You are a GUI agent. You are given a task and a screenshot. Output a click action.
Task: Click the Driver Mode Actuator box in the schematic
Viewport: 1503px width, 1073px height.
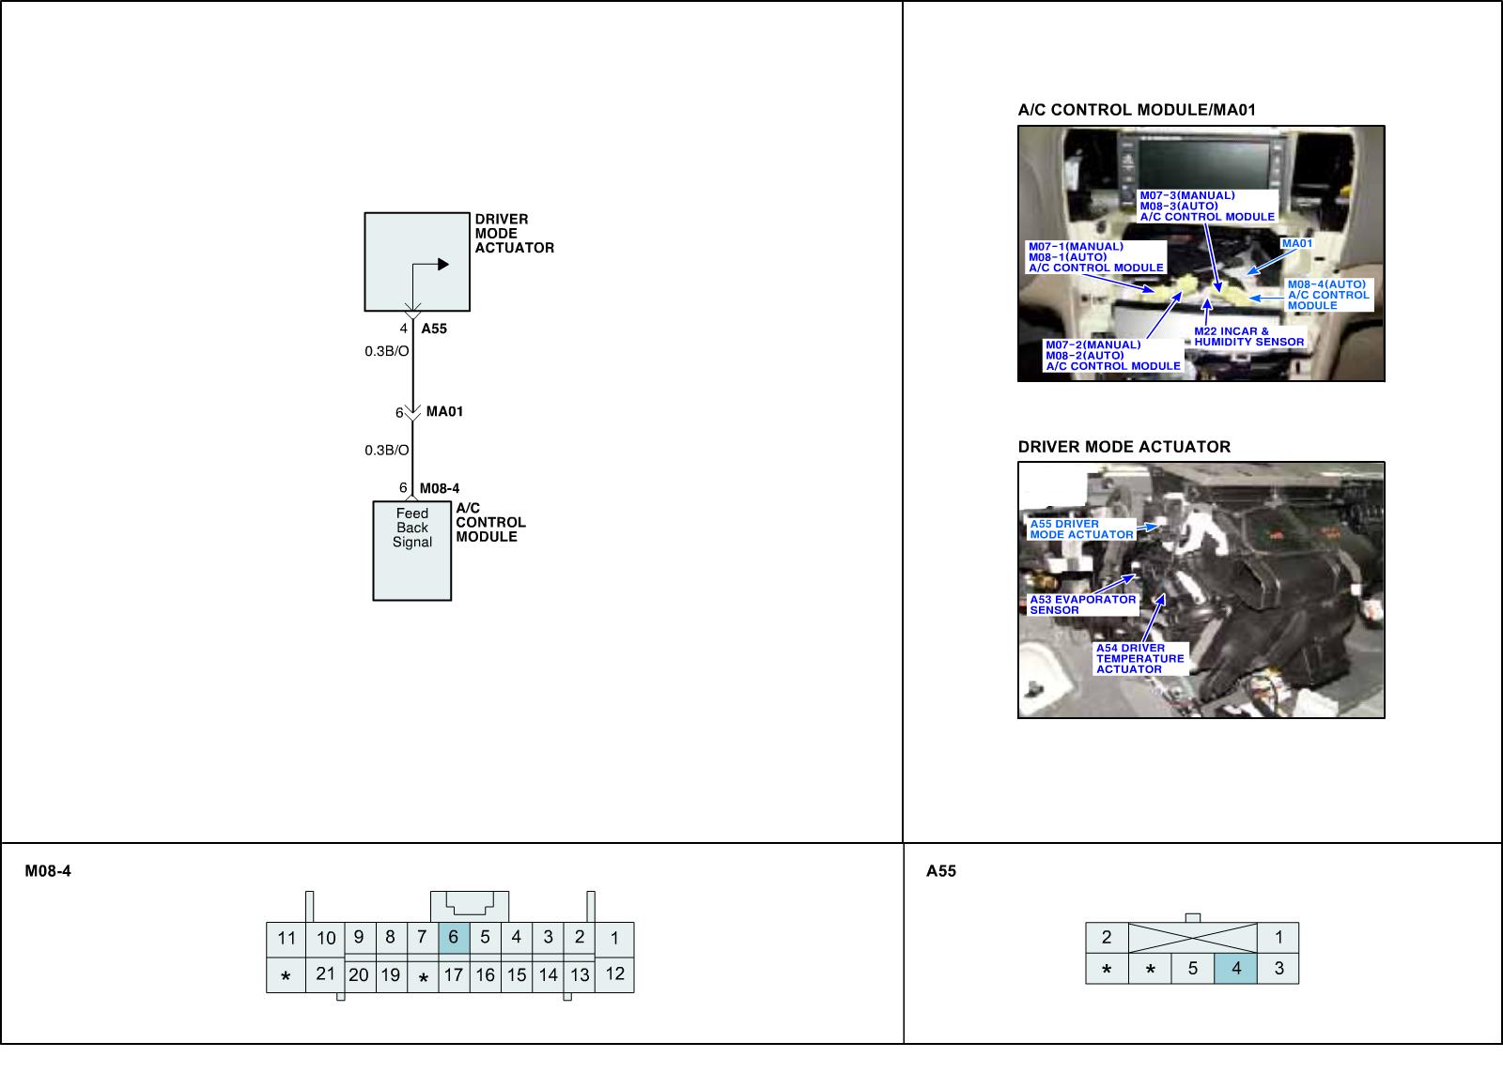416,261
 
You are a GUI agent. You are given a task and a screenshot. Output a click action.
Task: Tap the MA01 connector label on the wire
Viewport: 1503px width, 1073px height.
444,412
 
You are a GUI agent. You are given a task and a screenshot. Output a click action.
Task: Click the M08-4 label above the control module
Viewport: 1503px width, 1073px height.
439,488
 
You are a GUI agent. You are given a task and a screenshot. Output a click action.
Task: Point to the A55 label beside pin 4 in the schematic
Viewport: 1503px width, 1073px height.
434,330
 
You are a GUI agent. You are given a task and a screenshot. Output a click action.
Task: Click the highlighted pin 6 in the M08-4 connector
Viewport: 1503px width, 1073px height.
454,938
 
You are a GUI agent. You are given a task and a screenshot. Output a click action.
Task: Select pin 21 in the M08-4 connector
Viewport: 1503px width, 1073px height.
325,974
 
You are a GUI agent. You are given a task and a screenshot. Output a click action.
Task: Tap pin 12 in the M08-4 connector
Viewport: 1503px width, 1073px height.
614,974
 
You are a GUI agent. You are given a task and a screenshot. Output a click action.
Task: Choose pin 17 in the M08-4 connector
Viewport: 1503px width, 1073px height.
454,975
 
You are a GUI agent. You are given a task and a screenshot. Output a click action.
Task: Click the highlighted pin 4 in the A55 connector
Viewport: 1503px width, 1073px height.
1236,968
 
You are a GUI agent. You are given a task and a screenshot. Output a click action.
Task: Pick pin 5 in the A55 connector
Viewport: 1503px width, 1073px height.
1193,968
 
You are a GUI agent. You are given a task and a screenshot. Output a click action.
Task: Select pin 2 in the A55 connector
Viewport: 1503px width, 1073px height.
1107,937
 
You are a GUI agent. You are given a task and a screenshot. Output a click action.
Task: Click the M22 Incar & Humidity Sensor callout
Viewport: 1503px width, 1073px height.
1248,337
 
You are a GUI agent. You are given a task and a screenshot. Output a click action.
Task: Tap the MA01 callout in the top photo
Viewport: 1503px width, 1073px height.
1296,244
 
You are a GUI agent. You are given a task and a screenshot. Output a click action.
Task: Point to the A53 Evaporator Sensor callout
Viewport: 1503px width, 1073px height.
1082,605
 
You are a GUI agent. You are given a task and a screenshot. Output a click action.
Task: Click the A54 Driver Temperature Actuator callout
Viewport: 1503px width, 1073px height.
1139,658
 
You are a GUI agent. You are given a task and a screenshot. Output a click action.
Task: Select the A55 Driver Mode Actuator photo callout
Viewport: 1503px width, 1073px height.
1081,529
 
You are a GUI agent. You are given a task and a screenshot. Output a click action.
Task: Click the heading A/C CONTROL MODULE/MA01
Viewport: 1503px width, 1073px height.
1137,110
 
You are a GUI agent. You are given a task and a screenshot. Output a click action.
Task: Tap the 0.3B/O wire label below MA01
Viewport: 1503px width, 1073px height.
387,451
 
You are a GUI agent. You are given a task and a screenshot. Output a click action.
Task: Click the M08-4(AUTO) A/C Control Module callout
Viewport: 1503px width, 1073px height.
1327,295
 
